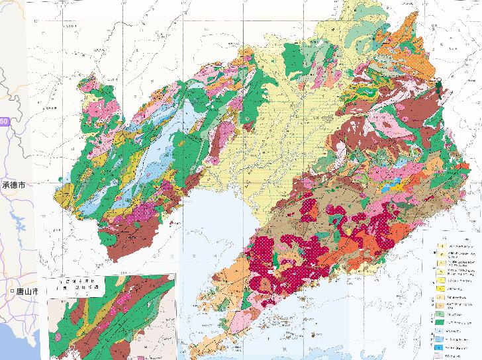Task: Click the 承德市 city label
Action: pos(14,187)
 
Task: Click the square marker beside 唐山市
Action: pos(13,292)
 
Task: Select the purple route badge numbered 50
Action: pos(4,122)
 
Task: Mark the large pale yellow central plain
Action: pos(291,132)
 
